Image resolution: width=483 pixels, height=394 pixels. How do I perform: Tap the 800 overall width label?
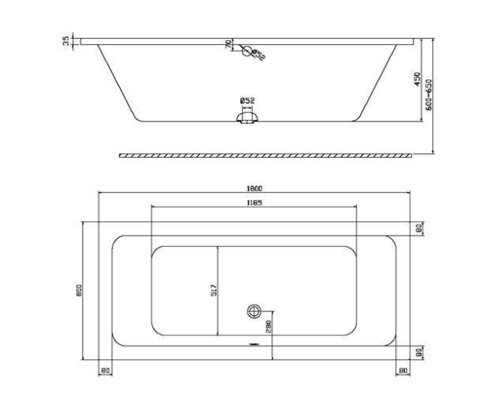(79, 291)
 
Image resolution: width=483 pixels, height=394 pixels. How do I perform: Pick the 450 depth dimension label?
(418, 79)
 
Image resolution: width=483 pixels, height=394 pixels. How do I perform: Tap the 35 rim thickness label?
(67, 40)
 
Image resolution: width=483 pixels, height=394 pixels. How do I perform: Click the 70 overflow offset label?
(228, 45)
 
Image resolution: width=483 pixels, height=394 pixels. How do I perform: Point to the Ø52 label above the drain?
(247, 101)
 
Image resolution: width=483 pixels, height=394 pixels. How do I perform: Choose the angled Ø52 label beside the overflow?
(258, 55)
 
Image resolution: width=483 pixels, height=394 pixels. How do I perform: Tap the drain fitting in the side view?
(247, 118)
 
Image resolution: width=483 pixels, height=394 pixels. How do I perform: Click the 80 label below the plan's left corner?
(105, 370)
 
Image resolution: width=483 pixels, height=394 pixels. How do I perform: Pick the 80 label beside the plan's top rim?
(419, 228)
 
